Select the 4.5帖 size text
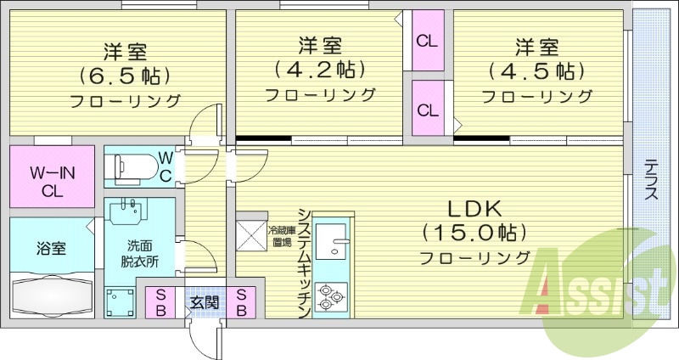coord(536,69)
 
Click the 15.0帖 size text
coord(474,232)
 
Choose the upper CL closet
coord(427,40)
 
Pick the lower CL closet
coord(427,109)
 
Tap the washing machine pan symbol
coord(120,302)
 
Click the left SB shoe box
coord(160,302)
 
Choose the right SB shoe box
coord(241,302)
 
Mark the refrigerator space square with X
coord(251,235)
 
